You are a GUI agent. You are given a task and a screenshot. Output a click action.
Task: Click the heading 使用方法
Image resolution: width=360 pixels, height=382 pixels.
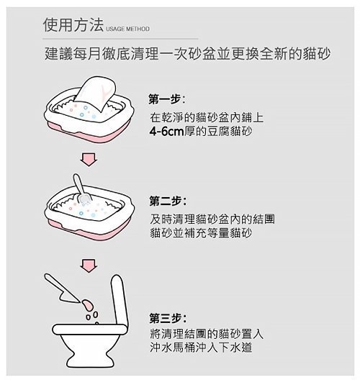[73, 25]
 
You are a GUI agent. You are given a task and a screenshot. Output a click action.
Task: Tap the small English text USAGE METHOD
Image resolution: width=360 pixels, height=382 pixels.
[127, 29]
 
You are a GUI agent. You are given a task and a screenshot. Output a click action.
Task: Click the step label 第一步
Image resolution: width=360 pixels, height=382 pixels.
[165, 99]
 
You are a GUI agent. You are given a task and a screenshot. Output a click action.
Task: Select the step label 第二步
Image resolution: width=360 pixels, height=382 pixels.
[165, 201]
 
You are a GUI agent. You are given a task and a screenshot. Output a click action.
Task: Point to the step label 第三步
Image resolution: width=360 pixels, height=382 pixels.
[165, 319]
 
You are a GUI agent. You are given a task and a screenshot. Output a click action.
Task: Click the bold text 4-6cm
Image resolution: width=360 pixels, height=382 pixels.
[166, 132]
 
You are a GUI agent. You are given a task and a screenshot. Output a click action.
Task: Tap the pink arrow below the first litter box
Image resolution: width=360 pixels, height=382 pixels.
[89, 160]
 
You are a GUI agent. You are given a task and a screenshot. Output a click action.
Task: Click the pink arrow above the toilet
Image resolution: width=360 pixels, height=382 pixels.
[89, 265]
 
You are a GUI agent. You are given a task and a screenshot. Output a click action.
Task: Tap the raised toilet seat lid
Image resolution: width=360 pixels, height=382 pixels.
[120, 300]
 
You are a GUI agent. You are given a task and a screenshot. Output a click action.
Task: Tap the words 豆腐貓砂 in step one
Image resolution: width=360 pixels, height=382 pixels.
[230, 132]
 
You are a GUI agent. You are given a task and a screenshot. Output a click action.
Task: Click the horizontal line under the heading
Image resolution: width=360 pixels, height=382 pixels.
[120, 39]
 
